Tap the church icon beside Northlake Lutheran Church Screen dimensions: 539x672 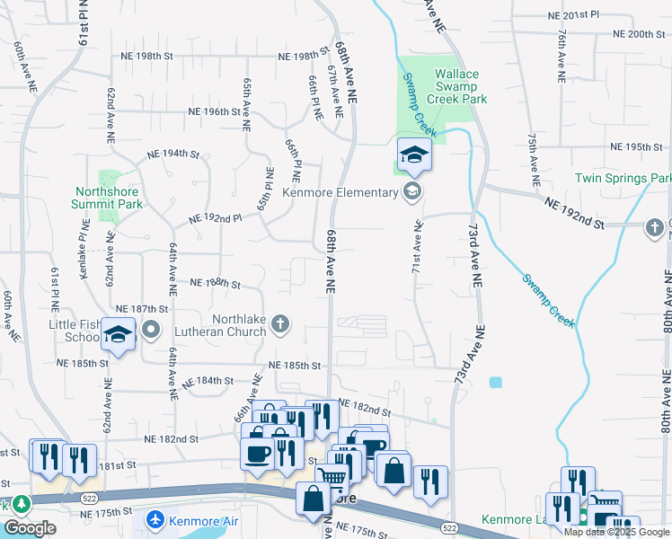(x=281, y=323)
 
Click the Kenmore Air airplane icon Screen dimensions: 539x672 (x=155, y=520)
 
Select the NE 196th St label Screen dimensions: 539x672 (x=214, y=112)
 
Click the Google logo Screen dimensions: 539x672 (x=30, y=528)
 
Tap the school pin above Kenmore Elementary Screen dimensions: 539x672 (x=414, y=156)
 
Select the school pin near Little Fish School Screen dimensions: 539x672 (x=118, y=335)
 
